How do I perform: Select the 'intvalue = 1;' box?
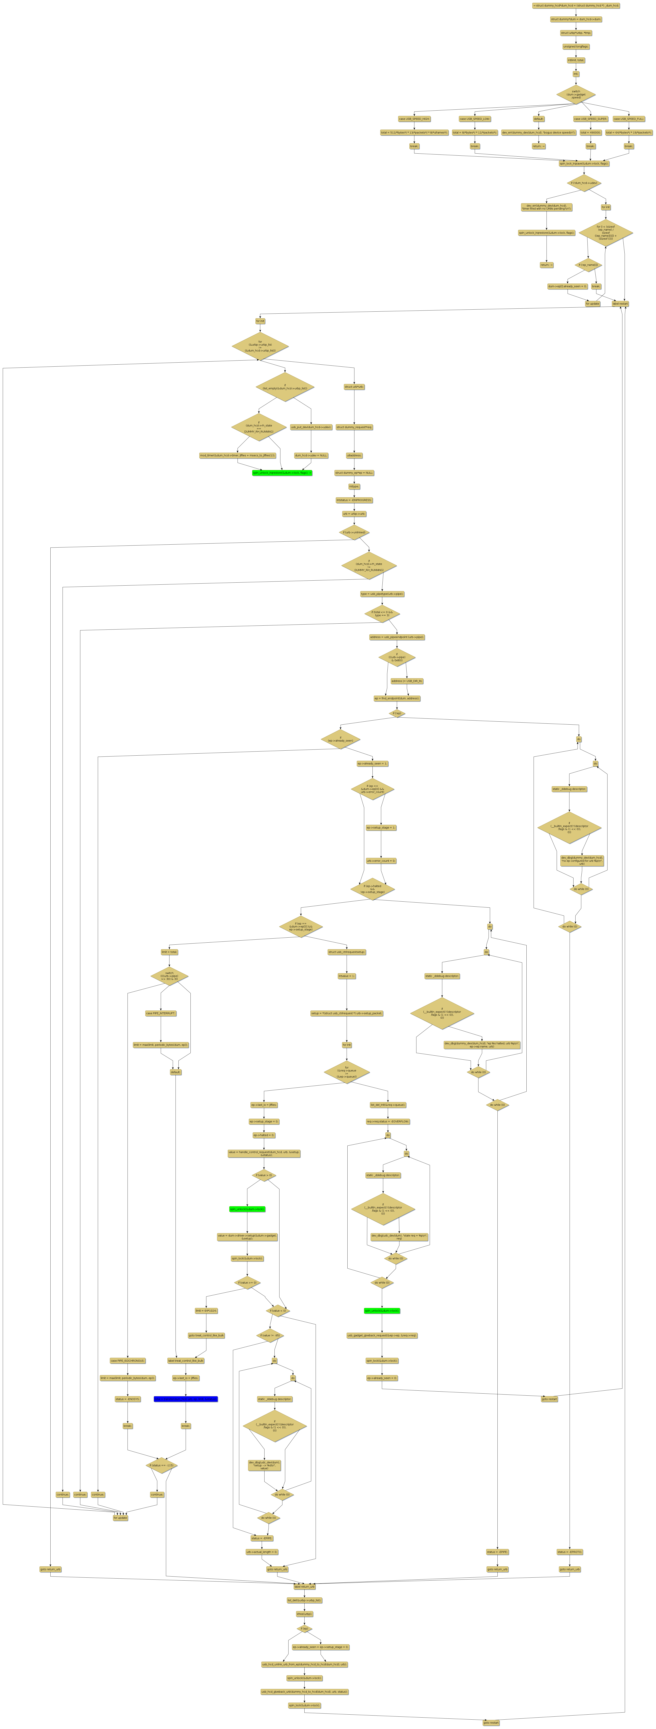(346, 976)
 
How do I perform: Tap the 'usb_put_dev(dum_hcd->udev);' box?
(311, 427)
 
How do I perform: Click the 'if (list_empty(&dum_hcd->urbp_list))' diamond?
(285, 388)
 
